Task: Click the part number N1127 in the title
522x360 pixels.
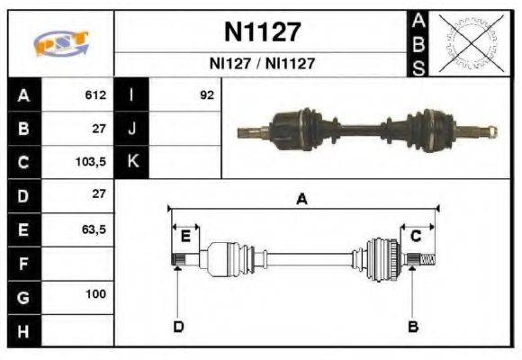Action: pyautogui.click(x=261, y=33)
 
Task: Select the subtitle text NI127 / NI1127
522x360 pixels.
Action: pyautogui.click(x=261, y=64)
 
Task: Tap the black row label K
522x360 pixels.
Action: pyautogui.click(x=131, y=162)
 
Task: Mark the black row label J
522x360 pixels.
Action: pyautogui.click(x=131, y=129)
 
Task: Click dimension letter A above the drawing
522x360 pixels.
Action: pyautogui.click(x=302, y=200)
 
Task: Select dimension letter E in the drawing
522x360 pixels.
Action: pyautogui.click(x=185, y=236)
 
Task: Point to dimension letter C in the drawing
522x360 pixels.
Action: pyautogui.click(x=416, y=236)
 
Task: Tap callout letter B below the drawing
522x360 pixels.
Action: pyautogui.click(x=413, y=326)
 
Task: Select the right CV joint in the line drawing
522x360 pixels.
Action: pyautogui.click(x=382, y=259)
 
